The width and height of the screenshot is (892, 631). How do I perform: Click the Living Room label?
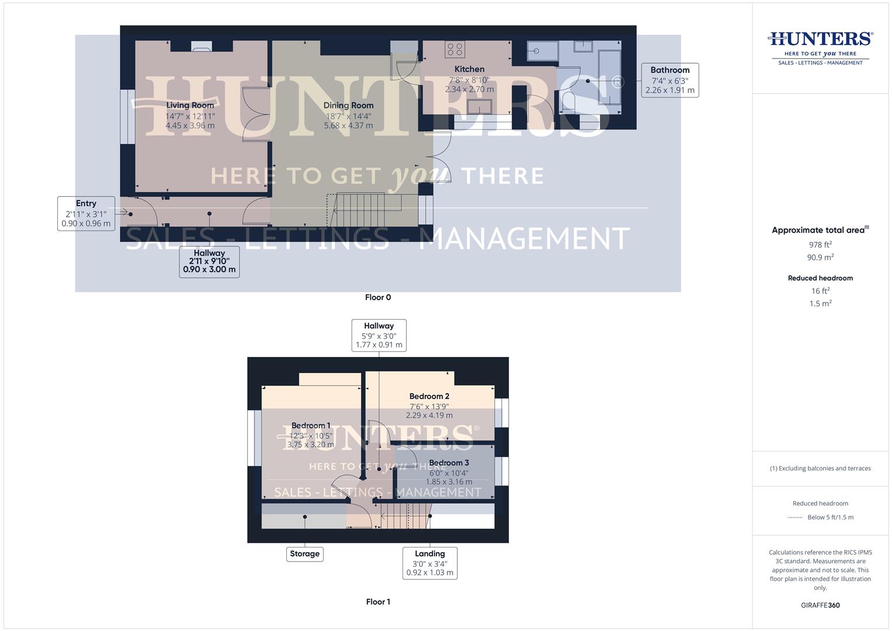[190, 106]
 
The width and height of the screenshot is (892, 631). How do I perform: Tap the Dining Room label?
[348, 106]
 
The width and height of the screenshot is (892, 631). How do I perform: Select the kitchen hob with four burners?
[454, 49]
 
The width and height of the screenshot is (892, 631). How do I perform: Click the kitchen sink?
[480, 107]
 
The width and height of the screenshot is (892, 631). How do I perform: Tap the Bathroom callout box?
[669, 80]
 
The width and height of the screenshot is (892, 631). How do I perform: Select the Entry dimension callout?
[86, 213]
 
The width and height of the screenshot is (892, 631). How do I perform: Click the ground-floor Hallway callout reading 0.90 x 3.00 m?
[209, 261]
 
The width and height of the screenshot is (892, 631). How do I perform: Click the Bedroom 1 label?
[311, 425]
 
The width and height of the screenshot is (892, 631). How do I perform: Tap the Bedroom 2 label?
[429, 396]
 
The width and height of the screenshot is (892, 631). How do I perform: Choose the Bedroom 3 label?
[449, 463]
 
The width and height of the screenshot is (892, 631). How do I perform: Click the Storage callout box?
[304, 553]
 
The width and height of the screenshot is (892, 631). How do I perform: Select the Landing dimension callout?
[430, 563]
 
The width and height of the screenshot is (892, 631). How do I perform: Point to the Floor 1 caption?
[378, 602]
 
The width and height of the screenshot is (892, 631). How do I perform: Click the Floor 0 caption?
[378, 297]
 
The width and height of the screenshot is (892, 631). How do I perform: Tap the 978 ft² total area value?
[820, 245]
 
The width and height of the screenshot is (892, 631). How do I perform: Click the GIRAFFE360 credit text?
[820, 605]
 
